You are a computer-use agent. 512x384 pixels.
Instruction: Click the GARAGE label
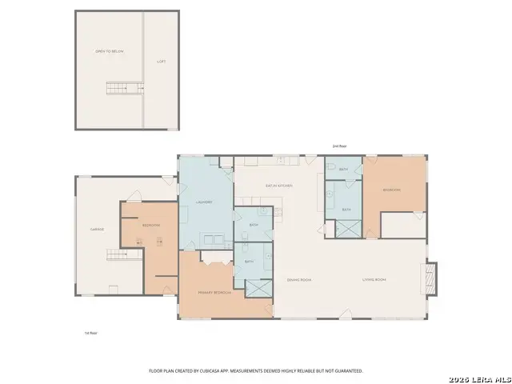click(98, 229)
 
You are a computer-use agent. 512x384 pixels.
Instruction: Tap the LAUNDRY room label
click(204, 202)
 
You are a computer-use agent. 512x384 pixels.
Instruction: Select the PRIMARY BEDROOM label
click(216, 293)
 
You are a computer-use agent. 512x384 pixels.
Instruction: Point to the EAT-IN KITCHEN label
click(279, 186)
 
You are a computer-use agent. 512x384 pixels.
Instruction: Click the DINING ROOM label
click(298, 279)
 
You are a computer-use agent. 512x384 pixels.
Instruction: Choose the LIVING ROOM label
click(374, 279)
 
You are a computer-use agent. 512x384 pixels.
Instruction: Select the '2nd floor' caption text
click(339, 146)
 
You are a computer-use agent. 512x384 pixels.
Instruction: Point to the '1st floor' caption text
click(90, 332)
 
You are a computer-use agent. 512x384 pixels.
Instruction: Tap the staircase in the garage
click(118, 255)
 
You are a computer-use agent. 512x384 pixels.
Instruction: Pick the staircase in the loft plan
click(118, 87)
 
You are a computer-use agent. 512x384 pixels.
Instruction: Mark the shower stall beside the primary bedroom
click(258, 289)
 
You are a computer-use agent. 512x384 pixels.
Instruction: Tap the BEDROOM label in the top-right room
click(391, 190)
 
